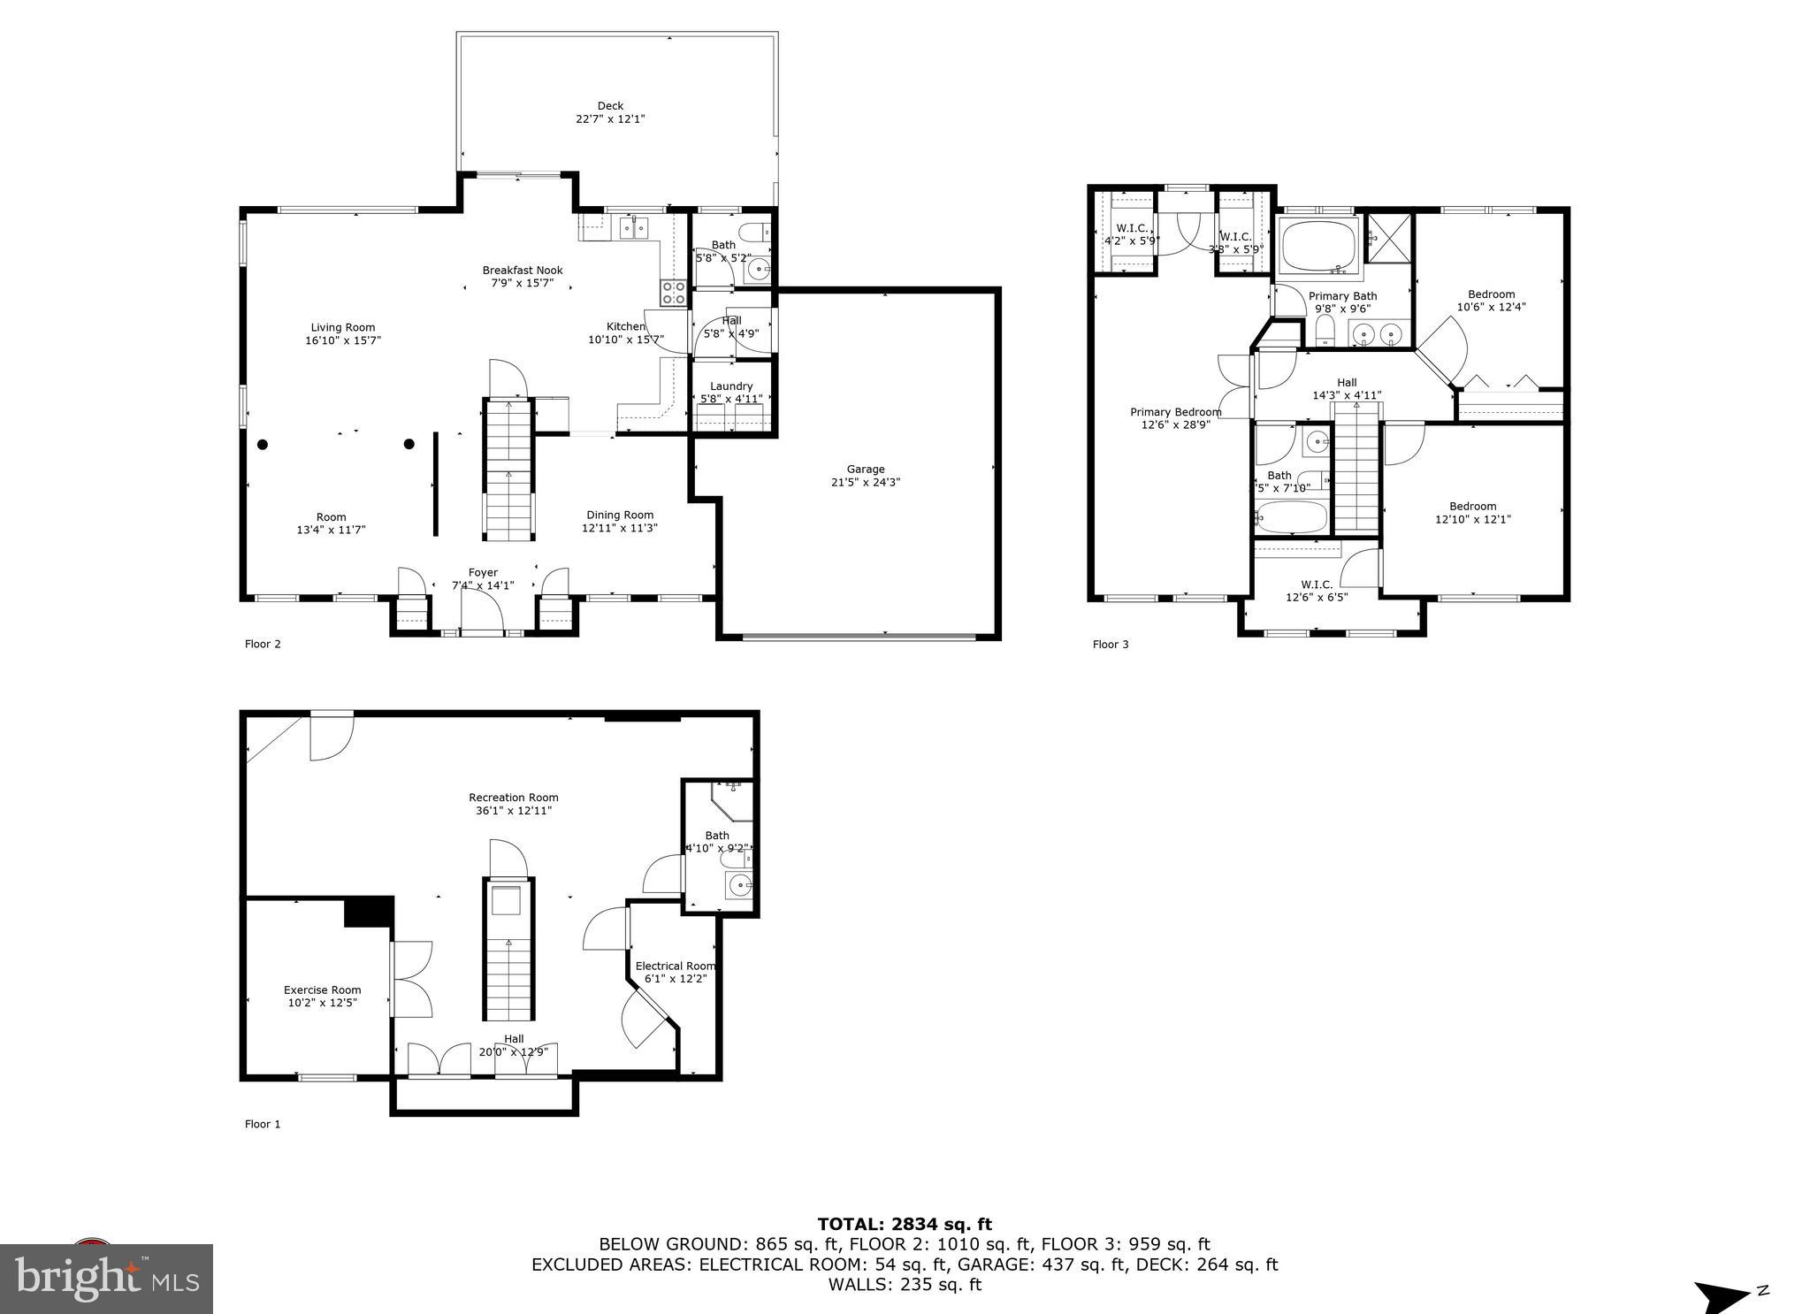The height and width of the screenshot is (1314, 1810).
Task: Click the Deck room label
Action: tap(610, 106)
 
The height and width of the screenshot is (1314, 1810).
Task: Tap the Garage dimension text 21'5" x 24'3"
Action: tap(866, 483)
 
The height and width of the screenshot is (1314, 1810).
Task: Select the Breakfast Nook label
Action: tap(523, 271)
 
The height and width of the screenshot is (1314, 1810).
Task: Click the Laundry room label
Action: tap(731, 386)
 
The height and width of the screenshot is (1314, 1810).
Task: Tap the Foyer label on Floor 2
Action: tap(483, 573)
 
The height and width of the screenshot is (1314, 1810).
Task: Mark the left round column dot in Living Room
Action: tap(263, 444)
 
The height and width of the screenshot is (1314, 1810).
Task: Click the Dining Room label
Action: tap(620, 516)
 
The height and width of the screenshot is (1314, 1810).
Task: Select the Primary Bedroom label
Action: tap(1176, 412)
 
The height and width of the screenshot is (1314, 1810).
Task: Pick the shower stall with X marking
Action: tap(1389, 237)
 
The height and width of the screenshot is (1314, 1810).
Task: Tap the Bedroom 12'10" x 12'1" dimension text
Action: tap(1472, 520)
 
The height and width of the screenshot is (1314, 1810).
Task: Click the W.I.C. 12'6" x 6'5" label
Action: tap(1317, 584)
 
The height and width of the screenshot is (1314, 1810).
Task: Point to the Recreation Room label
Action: tap(514, 798)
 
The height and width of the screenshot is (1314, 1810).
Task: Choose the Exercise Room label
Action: tap(322, 990)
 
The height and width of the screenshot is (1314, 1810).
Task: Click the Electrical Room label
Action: tap(676, 966)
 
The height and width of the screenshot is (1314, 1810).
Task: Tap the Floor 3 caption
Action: tap(1111, 645)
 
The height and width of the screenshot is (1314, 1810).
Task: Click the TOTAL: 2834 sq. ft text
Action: tap(905, 1225)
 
